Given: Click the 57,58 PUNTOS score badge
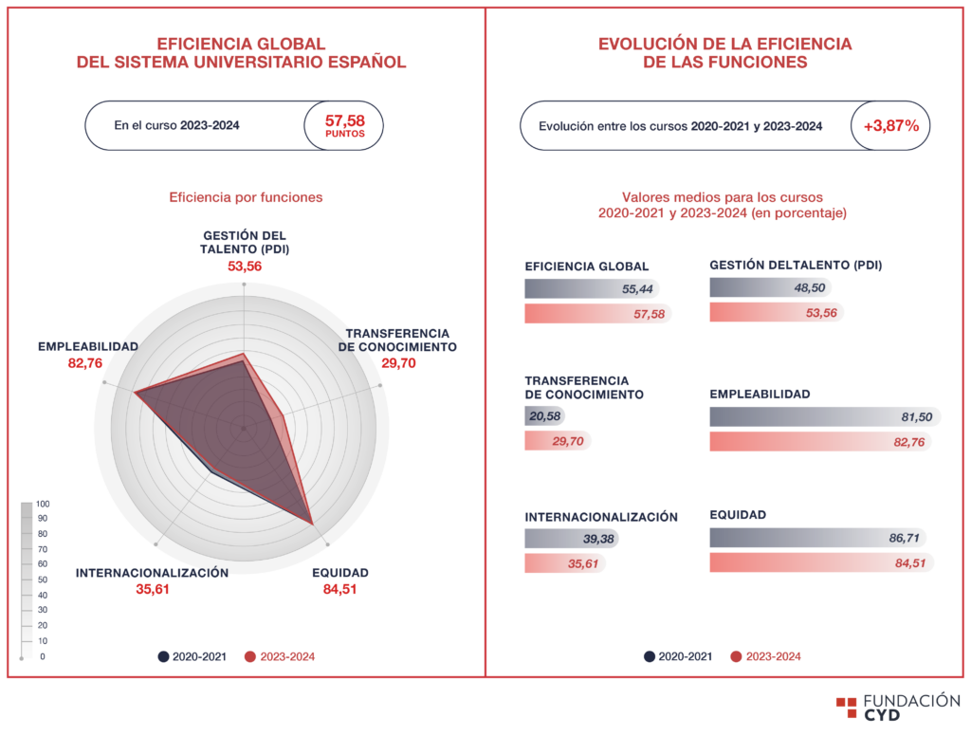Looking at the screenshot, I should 344,125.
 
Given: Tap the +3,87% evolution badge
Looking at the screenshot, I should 890,125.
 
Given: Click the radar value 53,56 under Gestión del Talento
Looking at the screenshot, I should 245,267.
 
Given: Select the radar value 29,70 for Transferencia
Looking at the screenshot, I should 397,363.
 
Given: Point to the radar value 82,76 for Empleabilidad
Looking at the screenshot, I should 88,363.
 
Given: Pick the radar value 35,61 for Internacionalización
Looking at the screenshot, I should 153,589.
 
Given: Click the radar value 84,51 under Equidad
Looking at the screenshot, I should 340,589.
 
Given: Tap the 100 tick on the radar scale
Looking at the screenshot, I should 42,504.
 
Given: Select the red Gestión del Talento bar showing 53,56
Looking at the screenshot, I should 775,312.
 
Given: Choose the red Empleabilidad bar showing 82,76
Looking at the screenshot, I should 819,441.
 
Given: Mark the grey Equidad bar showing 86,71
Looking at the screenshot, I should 816,538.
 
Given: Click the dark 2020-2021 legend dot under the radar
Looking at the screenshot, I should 164,656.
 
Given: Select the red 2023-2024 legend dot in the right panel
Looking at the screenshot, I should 736,656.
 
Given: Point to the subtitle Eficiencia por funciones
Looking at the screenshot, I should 246,197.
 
